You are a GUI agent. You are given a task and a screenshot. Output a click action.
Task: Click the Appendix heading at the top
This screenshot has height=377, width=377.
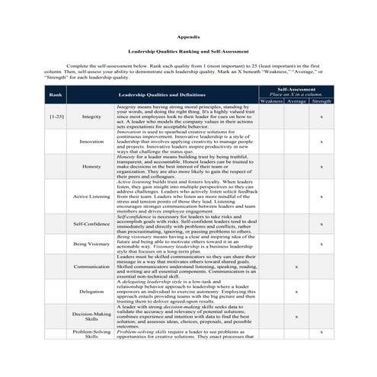click(x=188, y=36)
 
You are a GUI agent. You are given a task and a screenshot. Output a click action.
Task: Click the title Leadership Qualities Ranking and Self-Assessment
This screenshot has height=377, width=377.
click(x=188, y=52)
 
